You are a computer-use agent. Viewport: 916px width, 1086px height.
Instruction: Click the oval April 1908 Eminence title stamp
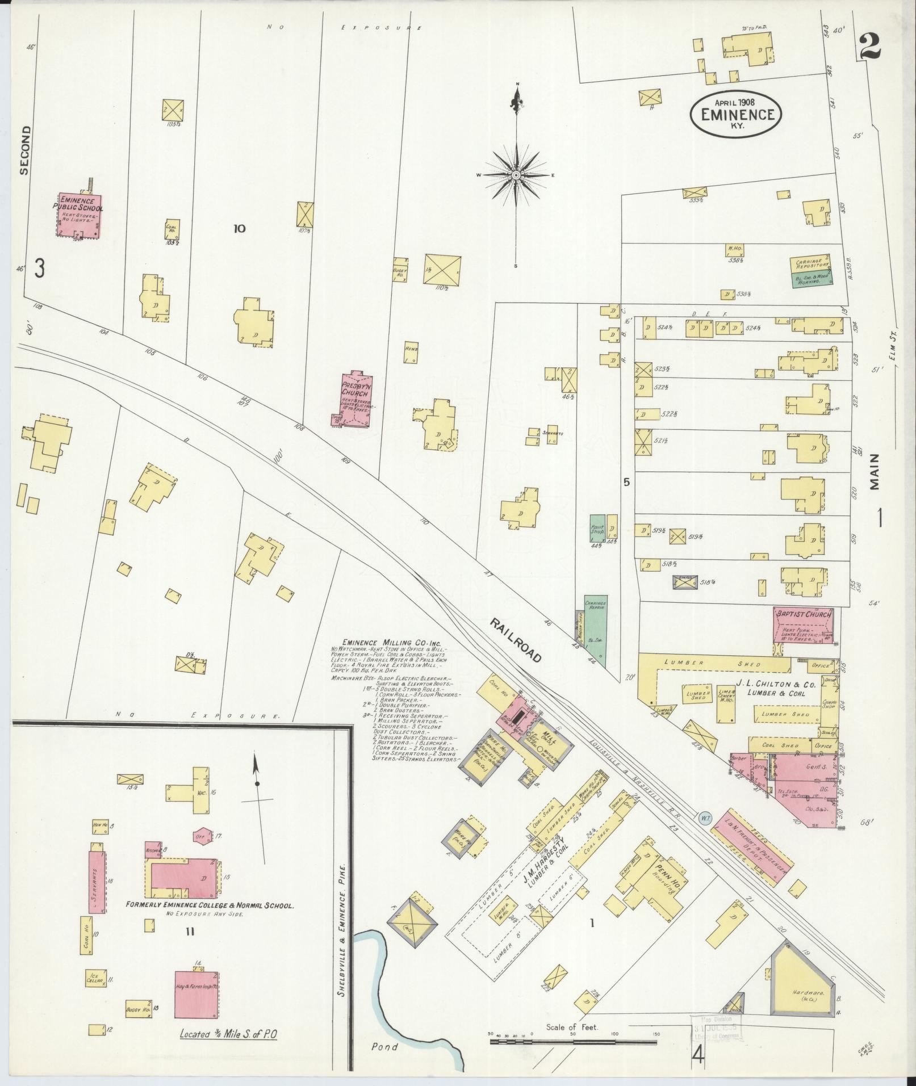(737, 114)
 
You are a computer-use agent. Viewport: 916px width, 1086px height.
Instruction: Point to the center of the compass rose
(516, 175)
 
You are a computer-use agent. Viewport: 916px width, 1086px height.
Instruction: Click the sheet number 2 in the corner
(870, 47)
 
